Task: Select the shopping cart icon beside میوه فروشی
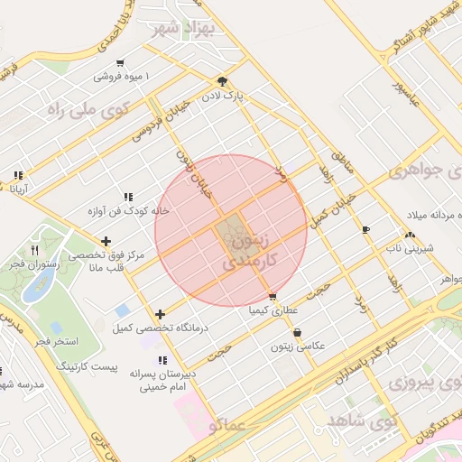point(120,63)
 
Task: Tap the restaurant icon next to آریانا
point(17,176)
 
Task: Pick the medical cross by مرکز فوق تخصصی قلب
point(106,241)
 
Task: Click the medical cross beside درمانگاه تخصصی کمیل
point(161,315)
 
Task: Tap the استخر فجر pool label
point(56,341)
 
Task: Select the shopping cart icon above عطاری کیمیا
point(273,296)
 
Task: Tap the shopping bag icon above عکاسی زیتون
point(297,332)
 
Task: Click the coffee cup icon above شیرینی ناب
point(365,230)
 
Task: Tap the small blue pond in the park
point(37,289)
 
